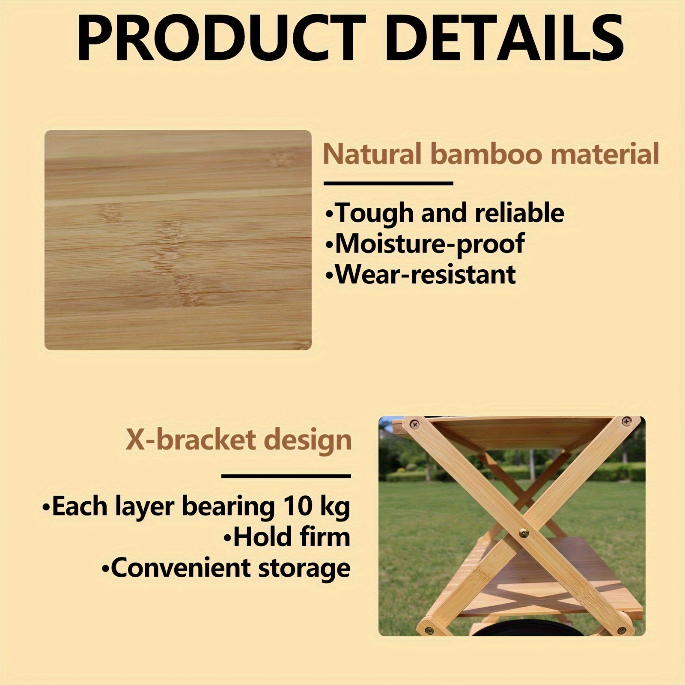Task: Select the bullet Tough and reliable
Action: tap(445, 213)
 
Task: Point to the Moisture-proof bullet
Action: tap(425, 244)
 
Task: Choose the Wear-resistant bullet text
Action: tap(421, 274)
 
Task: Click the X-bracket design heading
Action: tap(238, 441)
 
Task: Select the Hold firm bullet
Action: tap(287, 537)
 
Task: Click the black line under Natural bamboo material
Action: tap(388, 184)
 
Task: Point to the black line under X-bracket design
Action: tap(286, 476)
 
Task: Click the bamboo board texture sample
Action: tap(178, 240)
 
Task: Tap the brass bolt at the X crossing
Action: tap(524, 533)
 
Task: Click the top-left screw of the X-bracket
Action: tap(414, 424)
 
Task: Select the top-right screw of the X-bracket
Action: tap(626, 422)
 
